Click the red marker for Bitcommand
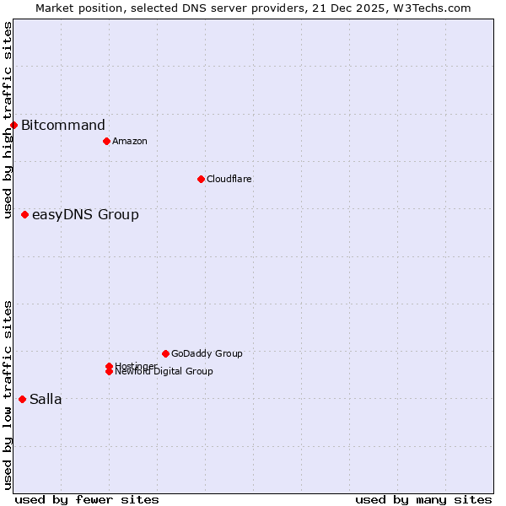pyautogui.click(x=13, y=126)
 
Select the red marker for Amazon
pyautogui.click(x=106, y=141)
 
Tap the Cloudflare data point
pyautogui.click(x=201, y=179)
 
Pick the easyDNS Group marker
pyautogui.click(x=25, y=215)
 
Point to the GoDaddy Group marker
pyautogui.click(x=165, y=353)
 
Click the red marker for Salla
pyautogui.click(x=22, y=399)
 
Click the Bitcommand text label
pyautogui.click(x=63, y=126)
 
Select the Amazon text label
pyautogui.click(x=130, y=141)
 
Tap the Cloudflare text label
pyautogui.click(x=229, y=179)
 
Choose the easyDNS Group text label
pyautogui.click(x=85, y=215)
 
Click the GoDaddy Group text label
pyautogui.click(x=207, y=353)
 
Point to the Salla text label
pyautogui.click(x=46, y=399)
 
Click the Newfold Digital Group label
pyautogui.click(x=164, y=372)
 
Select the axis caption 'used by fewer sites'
pyautogui.click(x=87, y=499)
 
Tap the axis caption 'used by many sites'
pyautogui.click(x=423, y=499)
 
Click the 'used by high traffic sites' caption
pyautogui.click(x=8, y=120)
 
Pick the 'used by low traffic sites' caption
pyautogui.click(x=8, y=395)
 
